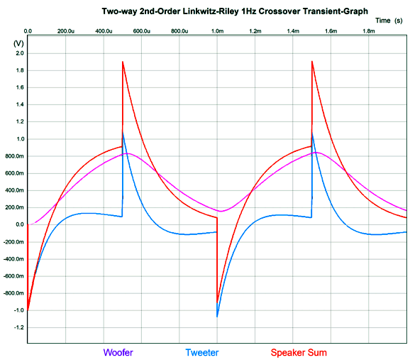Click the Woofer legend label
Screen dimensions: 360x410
118,352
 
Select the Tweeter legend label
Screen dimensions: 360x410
201,352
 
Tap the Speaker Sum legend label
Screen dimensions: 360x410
299,352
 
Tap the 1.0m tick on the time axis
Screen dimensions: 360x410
217,32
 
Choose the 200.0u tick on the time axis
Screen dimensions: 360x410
66,32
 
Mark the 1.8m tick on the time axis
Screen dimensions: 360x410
369,32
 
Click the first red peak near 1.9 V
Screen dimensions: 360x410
123,62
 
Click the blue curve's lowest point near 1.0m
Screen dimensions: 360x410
218,316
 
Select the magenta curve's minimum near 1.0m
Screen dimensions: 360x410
221,211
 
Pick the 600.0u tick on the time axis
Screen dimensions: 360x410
142,32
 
